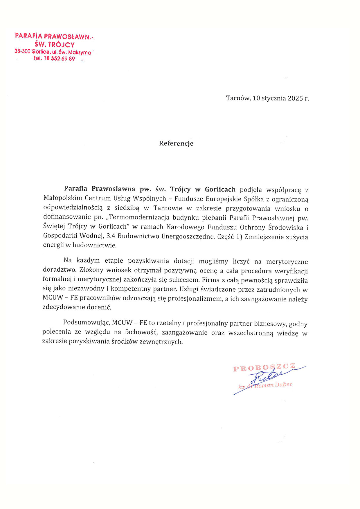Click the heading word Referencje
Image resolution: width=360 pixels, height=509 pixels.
pyautogui.click(x=176, y=143)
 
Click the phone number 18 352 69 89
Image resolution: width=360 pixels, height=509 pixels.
pyautogui.click(x=59, y=59)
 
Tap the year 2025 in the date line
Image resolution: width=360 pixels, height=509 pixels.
pyautogui.click(x=295, y=98)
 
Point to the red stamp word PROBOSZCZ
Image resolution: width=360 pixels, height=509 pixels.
pyautogui.click(x=264, y=368)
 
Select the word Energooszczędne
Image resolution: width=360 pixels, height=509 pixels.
pyautogui.click(x=188, y=237)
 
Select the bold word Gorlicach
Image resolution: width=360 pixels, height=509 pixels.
pyautogui.click(x=220, y=189)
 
